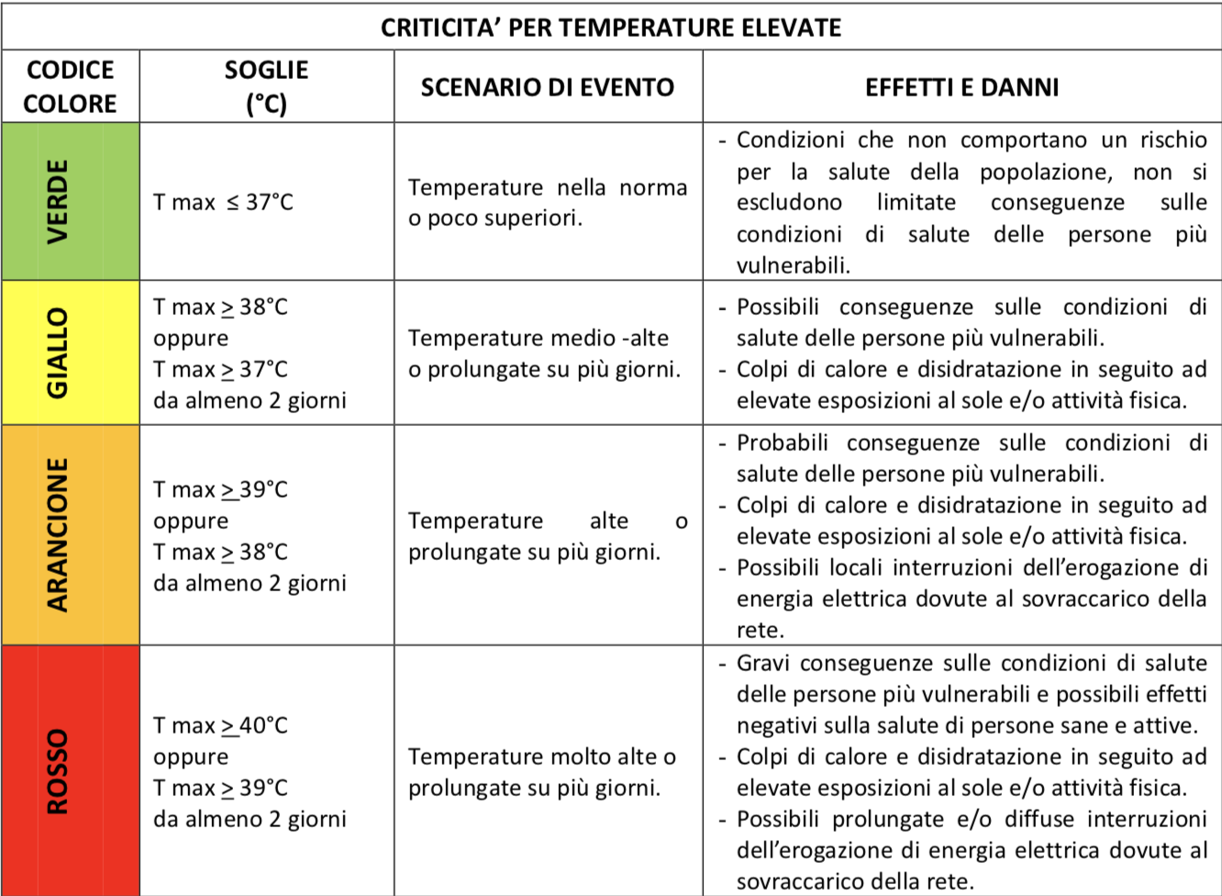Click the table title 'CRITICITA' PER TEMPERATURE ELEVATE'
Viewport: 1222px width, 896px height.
611,28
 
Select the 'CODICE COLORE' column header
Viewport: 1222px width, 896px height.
70,86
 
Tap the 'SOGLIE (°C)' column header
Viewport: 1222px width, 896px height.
266,86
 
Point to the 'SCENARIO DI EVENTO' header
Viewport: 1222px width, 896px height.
548,87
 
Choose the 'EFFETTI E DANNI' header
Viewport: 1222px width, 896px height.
961,87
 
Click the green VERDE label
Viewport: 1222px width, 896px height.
58,201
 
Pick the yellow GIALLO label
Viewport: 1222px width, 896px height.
58,353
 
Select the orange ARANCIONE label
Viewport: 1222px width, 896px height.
58,534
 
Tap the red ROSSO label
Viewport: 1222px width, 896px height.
58,771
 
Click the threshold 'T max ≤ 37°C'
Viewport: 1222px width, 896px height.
223,202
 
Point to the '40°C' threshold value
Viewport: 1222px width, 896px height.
263,725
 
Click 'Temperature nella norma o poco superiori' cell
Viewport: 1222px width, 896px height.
547,202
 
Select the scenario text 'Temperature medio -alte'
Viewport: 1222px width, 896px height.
539,338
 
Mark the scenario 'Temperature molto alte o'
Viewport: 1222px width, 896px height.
541,756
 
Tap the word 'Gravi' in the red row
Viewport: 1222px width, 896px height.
763,663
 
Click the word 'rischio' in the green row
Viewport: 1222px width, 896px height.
1173,140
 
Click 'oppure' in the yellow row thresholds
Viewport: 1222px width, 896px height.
191,338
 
